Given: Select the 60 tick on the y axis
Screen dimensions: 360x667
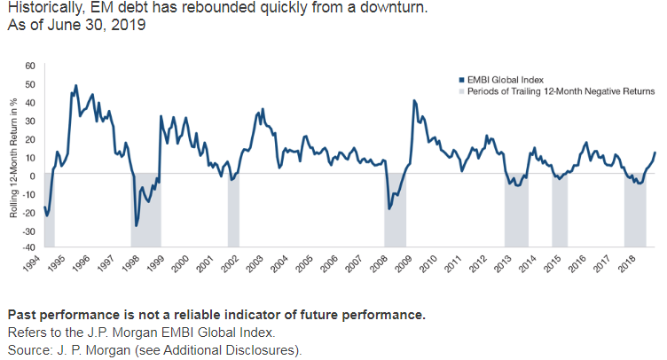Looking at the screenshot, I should point(29,67).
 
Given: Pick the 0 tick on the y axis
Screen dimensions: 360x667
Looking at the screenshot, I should point(32,176).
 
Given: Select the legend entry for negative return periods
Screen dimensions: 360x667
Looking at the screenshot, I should point(559,91).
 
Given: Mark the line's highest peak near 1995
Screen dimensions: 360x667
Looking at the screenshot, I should point(75,86).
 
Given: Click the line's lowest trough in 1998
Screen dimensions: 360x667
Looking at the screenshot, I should point(137,225).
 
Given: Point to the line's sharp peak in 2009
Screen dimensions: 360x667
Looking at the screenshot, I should point(414,100).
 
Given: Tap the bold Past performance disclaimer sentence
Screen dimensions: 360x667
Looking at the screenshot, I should point(216,315).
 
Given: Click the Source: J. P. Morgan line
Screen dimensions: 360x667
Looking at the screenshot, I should point(154,350).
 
